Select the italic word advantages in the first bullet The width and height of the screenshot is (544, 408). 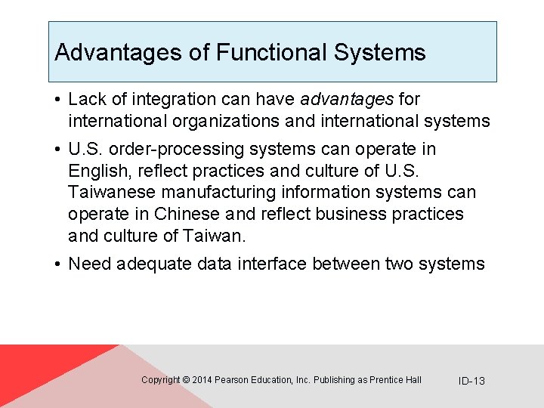[347, 99]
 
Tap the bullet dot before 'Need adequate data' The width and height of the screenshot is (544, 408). [57, 264]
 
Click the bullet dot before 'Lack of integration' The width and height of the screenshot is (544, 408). [57, 100]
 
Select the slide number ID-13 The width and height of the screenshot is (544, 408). [471, 381]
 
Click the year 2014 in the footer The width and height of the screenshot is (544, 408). [202, 380]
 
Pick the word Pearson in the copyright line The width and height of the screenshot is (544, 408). [231, 380]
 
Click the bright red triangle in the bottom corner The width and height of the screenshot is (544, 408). [30, 370]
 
